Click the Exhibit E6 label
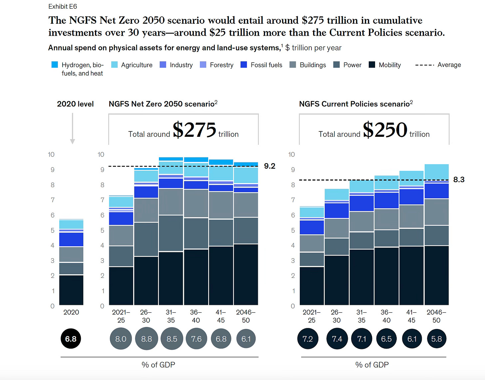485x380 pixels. click(x=63, y=6)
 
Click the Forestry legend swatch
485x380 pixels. click(x=203, y=65)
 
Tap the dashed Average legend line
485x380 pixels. click(x=424, y=65)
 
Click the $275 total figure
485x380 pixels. click(x=195, y=130)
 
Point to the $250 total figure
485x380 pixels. click(x=385, y=130)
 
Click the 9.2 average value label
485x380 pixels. click(x=269, y=166)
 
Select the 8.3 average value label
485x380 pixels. click(x=459, y=180)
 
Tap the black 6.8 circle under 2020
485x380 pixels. click(x=71, y=339)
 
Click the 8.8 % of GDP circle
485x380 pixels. click(x=146, y=339)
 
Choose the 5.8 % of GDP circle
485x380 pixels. click(x=436, y=339)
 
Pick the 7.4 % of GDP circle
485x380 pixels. click(x=337, y=339)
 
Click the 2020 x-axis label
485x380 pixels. click(x=71, y=312)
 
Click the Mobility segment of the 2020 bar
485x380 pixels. click(x=71, y=290)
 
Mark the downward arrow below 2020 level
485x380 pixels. click(x=72, y=128)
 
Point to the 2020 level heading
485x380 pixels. click(x=75, y=104)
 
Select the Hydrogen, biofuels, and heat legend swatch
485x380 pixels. click(x=55, y=65)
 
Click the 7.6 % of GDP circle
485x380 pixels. click(x=196, y=339)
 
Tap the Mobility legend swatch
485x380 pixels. click(x=372, y=65)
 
